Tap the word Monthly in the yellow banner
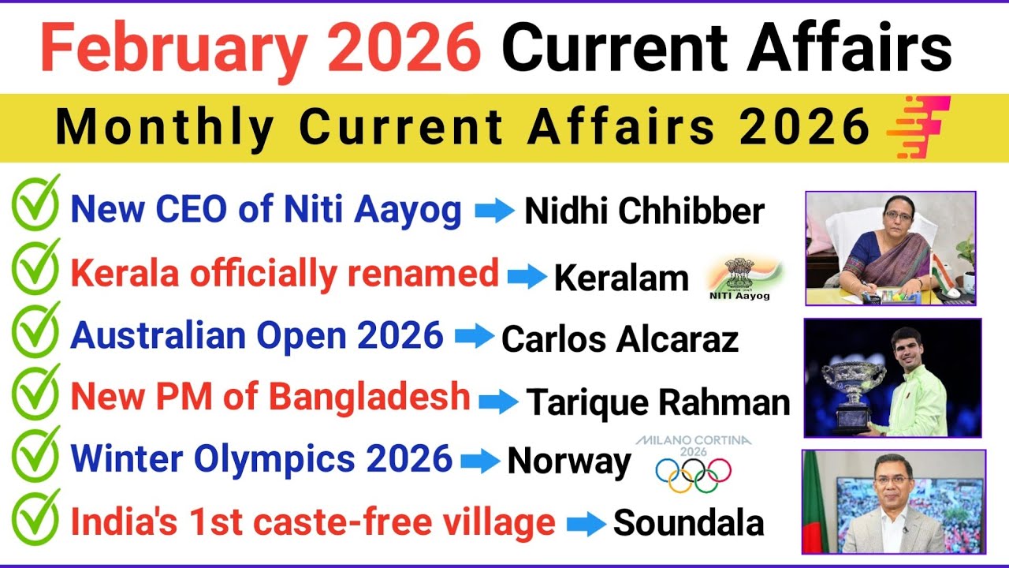coord(165,127)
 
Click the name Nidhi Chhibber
coord(644,211)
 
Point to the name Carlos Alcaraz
coord(620,339)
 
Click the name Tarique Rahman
coord(657,402)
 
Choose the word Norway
coord(568,462)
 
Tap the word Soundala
coord(688,523)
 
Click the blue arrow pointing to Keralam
coord(527,276)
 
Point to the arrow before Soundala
coord(584,523)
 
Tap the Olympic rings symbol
coord(693,474)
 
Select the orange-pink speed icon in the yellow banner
coord(918,126)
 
